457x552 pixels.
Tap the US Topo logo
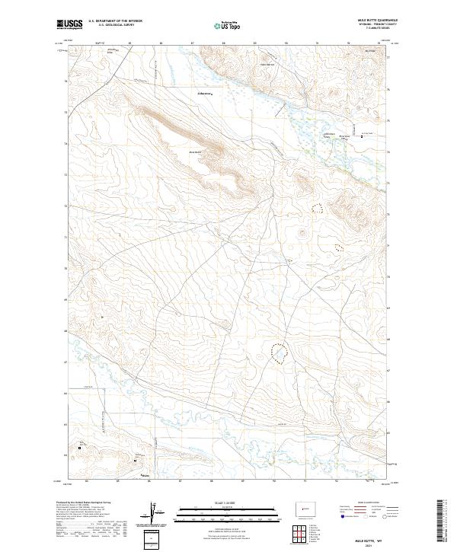click(228, 26)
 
